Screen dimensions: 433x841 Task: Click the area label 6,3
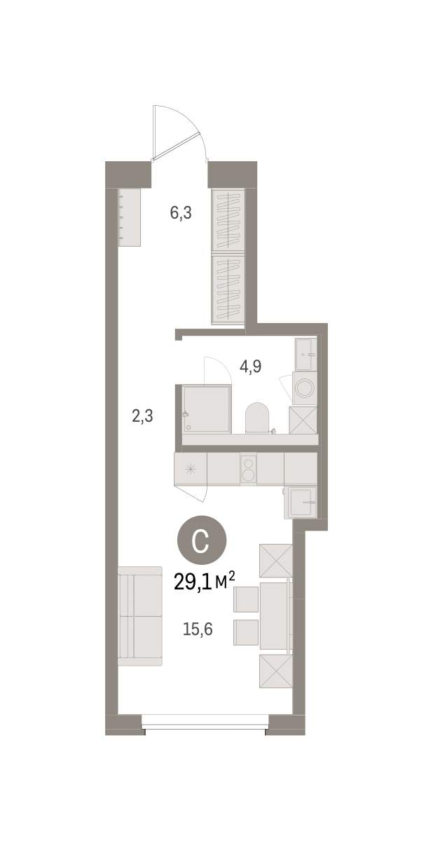[x=181, y=213]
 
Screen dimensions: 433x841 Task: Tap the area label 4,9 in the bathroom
[x=250, y=366]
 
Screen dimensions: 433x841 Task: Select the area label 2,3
[x=143, y=416]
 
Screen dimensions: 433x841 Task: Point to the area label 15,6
[x=198, y=629]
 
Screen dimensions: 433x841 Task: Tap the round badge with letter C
[x=202, y=540]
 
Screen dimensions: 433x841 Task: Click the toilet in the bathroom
[x=257, y=418]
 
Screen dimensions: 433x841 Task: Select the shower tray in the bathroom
[x=206, y=409]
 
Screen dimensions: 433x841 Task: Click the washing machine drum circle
[x=304, y=388]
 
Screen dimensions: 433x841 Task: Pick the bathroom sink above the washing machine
[x=305, y=355]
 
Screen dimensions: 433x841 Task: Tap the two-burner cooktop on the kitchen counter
[x=248, y=469]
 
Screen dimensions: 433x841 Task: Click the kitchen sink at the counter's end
[x=300, y=502]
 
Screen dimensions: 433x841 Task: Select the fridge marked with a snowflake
[x=191, y=469]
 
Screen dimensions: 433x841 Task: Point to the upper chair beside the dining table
[x=246, y=599]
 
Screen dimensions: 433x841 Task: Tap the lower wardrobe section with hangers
[x=228, y=288]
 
